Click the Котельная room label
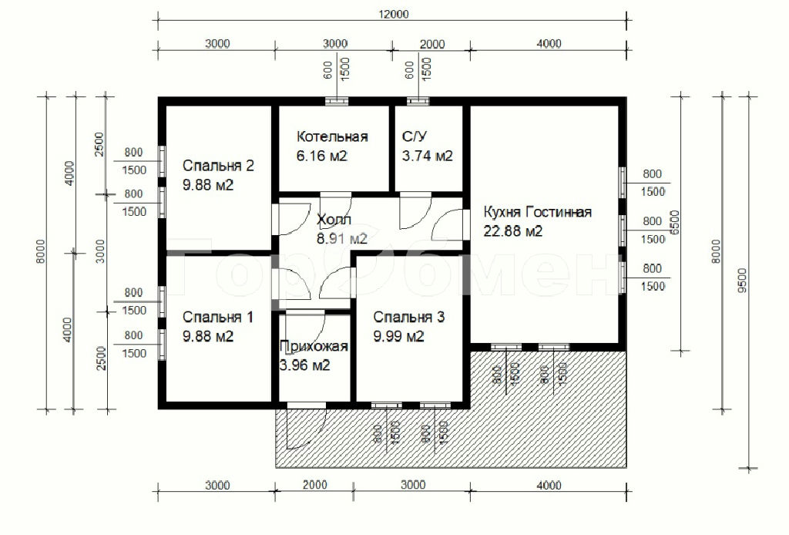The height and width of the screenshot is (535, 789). point(332,137)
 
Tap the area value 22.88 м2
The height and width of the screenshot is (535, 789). point(512,231)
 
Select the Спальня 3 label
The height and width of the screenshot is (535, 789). point(408,317)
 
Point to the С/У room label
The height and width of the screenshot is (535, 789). point(415,136)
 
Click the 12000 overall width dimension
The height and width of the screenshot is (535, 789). point(394,14)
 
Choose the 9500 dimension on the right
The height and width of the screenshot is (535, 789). point(742,281)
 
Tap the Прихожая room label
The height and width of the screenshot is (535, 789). point(314,346)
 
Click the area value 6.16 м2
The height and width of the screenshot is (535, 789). point(321,156)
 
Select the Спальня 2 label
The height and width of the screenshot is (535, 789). point(218,166)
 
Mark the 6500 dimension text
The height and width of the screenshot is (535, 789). point(675,222)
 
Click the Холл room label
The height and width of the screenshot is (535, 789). point(334,220)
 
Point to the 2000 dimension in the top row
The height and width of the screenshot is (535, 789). point(432,44)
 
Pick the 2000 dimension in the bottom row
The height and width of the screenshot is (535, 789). point(315,485)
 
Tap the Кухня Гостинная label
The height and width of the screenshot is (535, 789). point(537,212)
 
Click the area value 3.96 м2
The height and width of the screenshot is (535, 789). point(304,365)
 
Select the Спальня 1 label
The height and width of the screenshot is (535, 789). point(217,317)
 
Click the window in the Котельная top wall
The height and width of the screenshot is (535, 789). point(336,101)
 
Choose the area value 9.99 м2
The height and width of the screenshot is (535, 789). point(398,336)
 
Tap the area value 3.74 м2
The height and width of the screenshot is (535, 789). point(427,156)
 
